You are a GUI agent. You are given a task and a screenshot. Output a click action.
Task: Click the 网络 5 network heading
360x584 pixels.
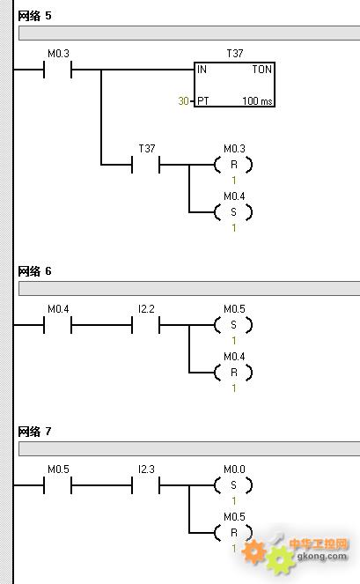coord(34,16)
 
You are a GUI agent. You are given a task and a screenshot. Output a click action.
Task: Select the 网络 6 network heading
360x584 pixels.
coord(34,271)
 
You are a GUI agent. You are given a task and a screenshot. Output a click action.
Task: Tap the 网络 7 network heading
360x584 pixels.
coord(34,432)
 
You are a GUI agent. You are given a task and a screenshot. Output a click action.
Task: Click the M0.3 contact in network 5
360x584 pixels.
coord(58,70)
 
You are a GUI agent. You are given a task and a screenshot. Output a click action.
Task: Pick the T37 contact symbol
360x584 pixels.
coord(145,165)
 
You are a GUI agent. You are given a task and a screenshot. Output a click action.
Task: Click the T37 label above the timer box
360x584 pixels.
coord(235,54)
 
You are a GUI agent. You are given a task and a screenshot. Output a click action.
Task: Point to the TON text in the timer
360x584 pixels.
coord(262,70)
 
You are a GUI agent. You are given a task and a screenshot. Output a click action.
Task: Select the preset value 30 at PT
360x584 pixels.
coord(184,101)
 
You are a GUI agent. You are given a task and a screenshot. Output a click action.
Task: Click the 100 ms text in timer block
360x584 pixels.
coord(257,101)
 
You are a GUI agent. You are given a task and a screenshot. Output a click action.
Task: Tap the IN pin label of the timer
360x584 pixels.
coord(202,70)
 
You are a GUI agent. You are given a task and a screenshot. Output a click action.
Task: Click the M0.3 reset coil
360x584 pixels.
coord(233,165)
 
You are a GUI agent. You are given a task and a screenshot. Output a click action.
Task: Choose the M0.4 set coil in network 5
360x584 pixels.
coord(233,212)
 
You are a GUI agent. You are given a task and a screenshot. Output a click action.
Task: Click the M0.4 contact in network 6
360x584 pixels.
coord(58,325)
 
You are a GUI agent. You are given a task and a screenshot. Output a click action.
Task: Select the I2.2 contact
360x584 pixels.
coord(145,325)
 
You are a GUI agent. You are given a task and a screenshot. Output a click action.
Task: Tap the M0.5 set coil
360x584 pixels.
coord(233,325)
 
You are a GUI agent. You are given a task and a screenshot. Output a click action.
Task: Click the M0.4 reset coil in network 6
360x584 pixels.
coord(233,373)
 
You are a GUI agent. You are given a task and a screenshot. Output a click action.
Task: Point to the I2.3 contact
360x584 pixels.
coord(145,485)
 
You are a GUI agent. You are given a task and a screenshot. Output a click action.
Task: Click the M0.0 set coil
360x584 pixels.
coord(233,485)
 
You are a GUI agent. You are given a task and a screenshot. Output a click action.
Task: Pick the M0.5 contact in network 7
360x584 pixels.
coord(58,485)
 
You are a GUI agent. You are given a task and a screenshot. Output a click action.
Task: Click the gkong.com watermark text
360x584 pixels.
coord(322,557)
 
